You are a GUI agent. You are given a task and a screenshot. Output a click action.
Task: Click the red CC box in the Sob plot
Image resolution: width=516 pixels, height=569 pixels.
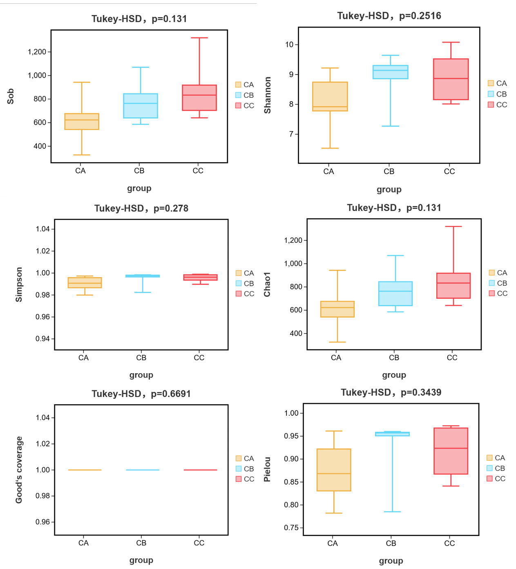(x=199, y=98)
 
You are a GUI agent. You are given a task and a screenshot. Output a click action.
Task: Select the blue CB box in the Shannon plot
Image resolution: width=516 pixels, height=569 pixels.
(x=390, y=72)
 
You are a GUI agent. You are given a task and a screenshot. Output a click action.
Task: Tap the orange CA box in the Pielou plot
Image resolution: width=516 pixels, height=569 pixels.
(x=334, y=470)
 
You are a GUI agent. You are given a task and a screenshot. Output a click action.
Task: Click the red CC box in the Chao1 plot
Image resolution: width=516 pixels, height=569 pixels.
(x=453, y=285)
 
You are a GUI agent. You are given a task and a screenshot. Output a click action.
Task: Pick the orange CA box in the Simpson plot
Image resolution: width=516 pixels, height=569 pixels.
(x=85, y=282)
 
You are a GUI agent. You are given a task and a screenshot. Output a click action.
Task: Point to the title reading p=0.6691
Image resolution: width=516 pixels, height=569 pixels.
(x=141, y=394)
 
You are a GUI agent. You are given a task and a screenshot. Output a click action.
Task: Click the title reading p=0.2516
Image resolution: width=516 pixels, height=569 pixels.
(x=389, y=16)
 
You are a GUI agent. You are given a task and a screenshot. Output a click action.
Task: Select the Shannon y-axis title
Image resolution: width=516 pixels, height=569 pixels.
(x=268, y=95)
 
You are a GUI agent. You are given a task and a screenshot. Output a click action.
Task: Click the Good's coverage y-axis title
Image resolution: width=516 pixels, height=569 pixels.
(x=19, y=470)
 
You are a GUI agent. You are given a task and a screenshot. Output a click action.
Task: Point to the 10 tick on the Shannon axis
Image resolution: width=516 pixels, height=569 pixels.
(x=290, y=45)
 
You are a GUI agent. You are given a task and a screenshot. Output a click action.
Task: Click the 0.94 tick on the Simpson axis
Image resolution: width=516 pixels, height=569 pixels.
(x=42, y=338)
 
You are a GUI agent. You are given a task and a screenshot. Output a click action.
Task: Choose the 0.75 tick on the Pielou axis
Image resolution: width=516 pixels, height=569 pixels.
(x=291, y=528)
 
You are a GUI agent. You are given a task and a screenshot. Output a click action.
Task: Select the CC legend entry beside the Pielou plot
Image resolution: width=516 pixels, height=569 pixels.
(x=496, y=479)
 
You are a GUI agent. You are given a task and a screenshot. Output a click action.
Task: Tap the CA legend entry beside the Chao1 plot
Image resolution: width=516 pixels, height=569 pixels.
(x=498, y=273)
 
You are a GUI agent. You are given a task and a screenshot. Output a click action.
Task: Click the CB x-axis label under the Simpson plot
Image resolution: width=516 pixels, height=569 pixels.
(x=141, y=358)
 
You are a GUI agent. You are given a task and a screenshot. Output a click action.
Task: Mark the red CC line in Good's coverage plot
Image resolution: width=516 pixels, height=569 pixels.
(x=200, y=470)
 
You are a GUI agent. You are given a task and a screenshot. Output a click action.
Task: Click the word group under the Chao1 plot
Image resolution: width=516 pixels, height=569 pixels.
(x=394, y=375)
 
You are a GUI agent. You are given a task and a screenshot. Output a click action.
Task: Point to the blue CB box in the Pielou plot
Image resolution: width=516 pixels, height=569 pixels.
(x=392, y=434)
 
